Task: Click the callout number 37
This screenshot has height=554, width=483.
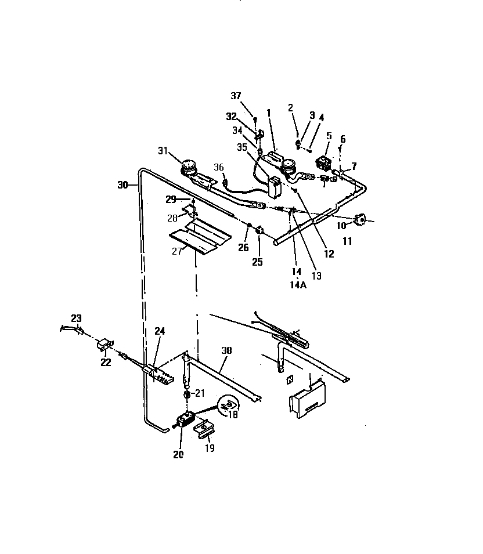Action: pyautogui.click(x=236, y=96)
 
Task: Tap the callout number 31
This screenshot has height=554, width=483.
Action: pyautogui.click(x=163, y=152)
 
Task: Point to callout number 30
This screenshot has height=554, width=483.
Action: pyautogui.click(x=122, y=185)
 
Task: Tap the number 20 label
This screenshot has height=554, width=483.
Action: pyautogui.click(x=178, y=454)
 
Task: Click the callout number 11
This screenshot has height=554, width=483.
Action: pyautogui.click(x=347, y=241)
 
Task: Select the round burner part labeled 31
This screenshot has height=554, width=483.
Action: pyautogui.click(x=188, y=169)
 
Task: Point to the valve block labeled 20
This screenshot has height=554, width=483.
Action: pyautogui.click(x=186, y=419)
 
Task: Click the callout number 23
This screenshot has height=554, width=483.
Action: pyautogui.click(x=77, y=318)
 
